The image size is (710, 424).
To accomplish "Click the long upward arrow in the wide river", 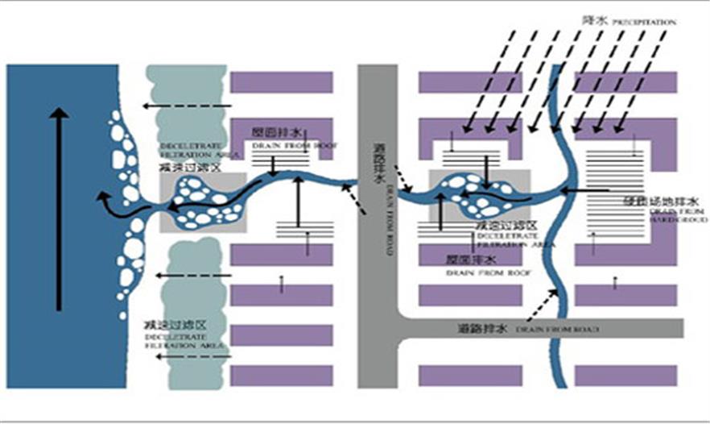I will (58, 210).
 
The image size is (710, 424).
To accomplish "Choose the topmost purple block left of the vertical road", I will (282, 82).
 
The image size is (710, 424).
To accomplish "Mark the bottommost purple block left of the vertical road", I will (282, 376).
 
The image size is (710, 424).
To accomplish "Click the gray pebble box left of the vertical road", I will (202, 202).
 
